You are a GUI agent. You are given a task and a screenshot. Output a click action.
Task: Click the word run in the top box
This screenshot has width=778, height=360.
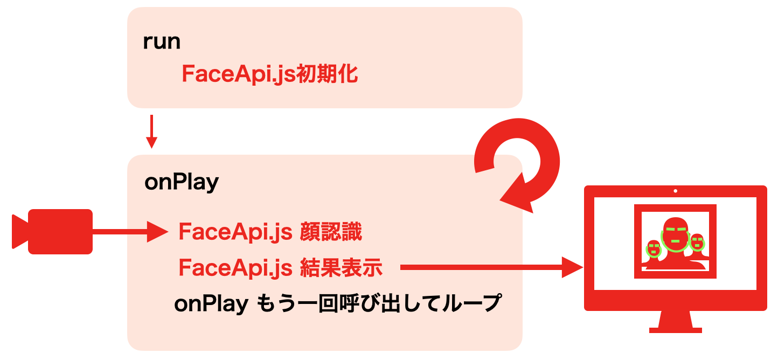pyautogui.click(x=162, y=42)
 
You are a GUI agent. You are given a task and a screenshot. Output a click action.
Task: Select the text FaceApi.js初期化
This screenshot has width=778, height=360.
pyautogui.click(x=270, y=74)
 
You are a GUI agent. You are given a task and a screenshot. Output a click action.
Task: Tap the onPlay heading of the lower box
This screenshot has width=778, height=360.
pyautogui.click(x=182, y=183)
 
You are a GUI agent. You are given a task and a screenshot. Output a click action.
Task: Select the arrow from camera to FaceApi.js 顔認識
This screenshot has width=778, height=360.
pyautogui.click(x=129, y=232)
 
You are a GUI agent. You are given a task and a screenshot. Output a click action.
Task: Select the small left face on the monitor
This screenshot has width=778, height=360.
pyautogui.click(x=654, y=248)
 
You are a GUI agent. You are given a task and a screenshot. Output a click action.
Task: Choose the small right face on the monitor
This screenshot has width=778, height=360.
pyautogui.click(x=697, y=243)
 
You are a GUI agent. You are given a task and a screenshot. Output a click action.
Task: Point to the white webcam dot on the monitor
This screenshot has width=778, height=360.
pyautogui.click(x=676, y=191)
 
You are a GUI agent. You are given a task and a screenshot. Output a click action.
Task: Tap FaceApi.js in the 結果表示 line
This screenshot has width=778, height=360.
pyautogui.click(x=235, y=267)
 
